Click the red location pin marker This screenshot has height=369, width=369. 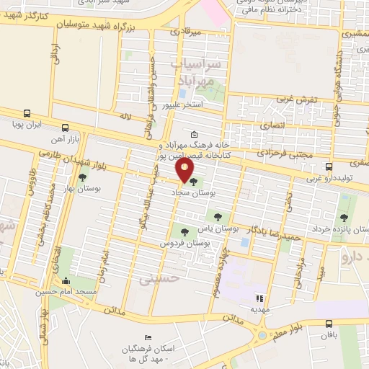[185, 170]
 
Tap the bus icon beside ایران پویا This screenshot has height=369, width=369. [27, 114]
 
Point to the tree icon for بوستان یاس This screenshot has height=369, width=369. [217, 215]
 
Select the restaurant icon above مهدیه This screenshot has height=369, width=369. [260, 298]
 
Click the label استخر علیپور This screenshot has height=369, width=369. [184, 105]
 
